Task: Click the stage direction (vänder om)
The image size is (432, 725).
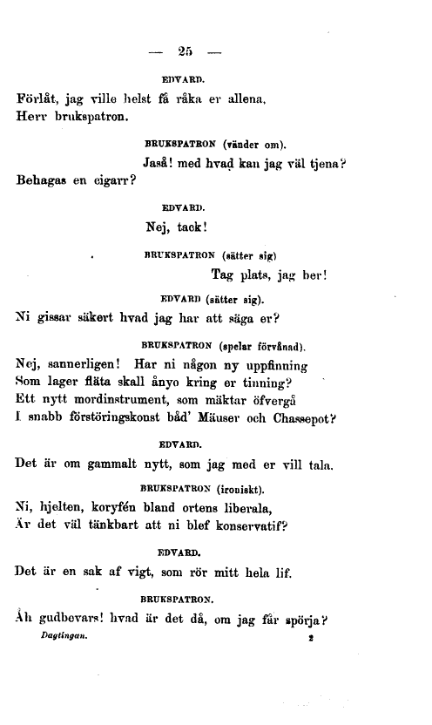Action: (260, 142)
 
